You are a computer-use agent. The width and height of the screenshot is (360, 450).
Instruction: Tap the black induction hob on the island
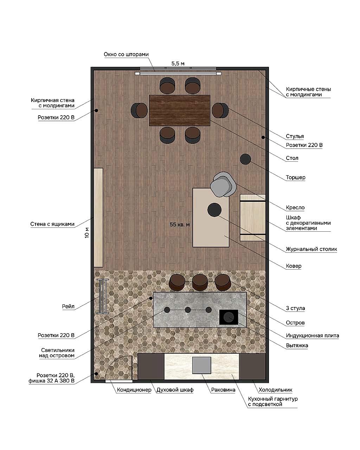229,317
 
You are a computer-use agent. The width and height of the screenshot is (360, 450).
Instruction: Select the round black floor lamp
245,159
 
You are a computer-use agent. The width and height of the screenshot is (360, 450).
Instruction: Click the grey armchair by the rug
223,185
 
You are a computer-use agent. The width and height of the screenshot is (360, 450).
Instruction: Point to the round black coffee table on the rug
214,210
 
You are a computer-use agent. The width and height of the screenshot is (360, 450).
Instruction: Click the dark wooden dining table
180,110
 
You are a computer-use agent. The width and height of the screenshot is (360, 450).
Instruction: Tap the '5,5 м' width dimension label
178,63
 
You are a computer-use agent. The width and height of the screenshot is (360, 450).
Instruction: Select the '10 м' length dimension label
87,232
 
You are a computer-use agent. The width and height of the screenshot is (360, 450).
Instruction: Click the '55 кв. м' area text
180,225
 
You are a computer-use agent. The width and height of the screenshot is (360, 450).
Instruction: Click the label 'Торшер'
295,177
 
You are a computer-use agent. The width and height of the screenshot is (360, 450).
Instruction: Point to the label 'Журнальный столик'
311,249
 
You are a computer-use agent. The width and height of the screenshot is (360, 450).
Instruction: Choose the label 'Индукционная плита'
312,335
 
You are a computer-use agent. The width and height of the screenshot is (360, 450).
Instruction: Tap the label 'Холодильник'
275,390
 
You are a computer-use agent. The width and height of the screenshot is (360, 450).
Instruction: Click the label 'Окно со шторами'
126,54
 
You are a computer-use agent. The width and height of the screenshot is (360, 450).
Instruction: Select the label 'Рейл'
68,307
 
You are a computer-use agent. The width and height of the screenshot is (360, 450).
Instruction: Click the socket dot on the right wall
263,137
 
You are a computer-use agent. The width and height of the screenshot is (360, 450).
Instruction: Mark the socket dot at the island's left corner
150,298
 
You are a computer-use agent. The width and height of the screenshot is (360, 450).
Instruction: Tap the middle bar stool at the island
200,282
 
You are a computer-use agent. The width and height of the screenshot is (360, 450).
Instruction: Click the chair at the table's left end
139,110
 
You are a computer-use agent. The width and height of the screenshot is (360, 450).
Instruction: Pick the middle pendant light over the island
188,310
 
